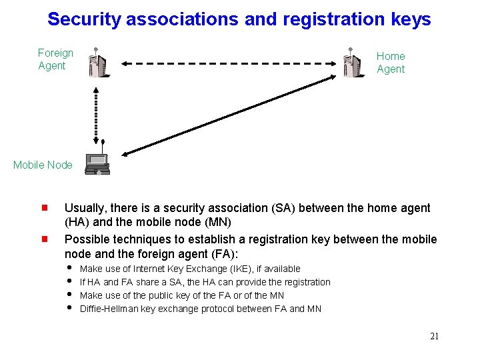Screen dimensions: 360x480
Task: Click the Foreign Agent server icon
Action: click(97, 63)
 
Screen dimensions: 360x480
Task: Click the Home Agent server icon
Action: click(353, 63)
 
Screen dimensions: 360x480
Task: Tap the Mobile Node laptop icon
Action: click(97, 164)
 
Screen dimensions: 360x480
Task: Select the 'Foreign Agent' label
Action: click(55, 59)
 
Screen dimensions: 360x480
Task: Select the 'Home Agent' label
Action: click(391, 63)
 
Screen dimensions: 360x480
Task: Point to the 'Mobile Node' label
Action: click(43, 165)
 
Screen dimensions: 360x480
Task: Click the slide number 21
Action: click(434, 336)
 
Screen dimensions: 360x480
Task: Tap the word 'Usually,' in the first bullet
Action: click(85, 208)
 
